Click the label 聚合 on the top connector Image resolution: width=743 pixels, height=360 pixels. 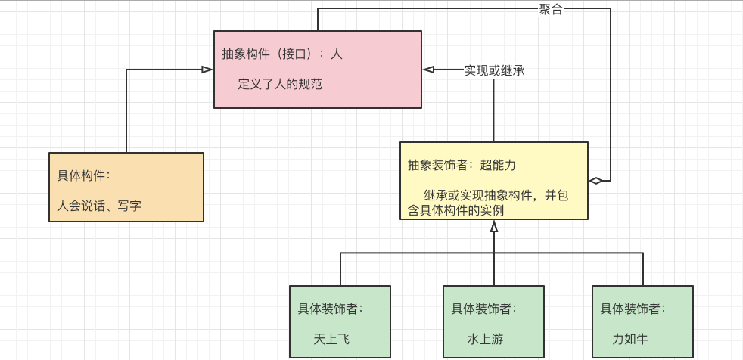point(551,9)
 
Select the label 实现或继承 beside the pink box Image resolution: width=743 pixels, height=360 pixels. point(494,70)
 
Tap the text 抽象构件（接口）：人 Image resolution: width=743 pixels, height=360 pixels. point(282,54)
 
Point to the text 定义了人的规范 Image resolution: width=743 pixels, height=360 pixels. point(280,84)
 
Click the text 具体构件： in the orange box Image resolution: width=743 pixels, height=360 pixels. point(84,175)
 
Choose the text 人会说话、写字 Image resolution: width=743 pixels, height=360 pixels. point(99,205)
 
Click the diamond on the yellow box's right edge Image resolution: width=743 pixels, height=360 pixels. point(596,181)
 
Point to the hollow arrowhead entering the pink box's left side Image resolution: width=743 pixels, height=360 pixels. point(207,70)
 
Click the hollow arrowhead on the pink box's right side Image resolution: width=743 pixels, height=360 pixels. point(429,70)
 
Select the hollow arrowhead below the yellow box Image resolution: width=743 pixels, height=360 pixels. point(494,226)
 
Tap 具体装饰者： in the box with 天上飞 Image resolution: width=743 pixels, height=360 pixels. point(330,309)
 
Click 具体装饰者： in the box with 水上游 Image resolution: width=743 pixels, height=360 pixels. point(484,309)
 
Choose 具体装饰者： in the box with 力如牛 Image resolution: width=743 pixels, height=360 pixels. point(633,309)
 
